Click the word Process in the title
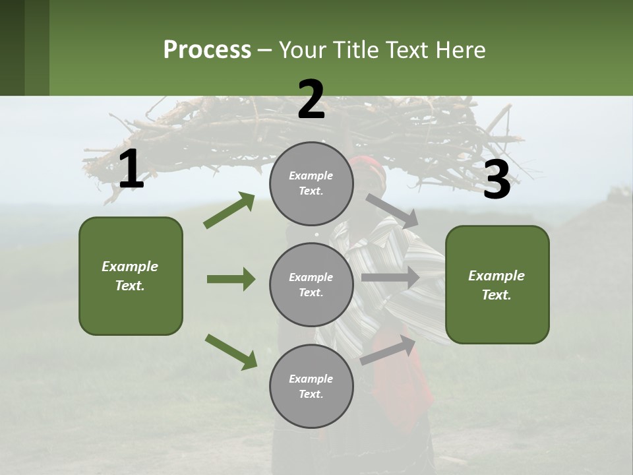tap(207, 49)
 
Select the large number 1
tap(131, 170)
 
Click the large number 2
tap(311, 100)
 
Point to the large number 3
tap(497, 179)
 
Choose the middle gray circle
tap(311, 284)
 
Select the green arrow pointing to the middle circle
tap(231, 279)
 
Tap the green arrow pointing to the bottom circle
tap(231, 351)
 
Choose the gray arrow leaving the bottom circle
tap(388, 350)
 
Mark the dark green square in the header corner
tap(24, 47)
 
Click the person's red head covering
tap(369, 169)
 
